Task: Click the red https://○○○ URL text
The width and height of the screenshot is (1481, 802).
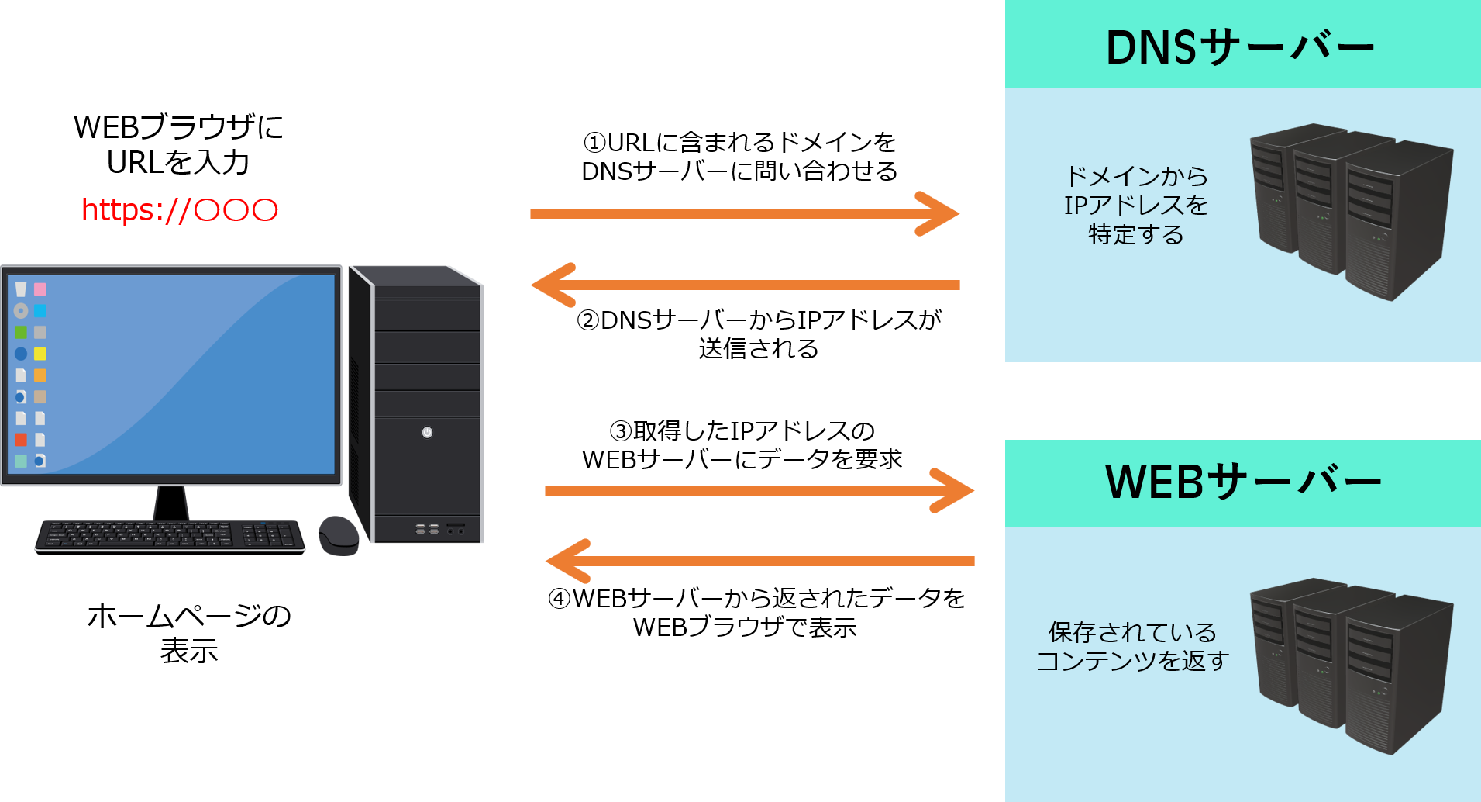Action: pyautogui.click(x=179, y=209)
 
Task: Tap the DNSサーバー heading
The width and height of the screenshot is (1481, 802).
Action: pyautogui.click(x=1240, y=48)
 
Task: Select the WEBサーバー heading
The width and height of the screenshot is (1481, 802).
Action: pyautogui.click(x=1243, y=482)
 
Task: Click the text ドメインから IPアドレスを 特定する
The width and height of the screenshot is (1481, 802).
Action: pyautogui.click(x=1136, y=206)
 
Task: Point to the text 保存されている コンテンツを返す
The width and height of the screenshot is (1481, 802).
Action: pyautogui.click(x=1133, y=646)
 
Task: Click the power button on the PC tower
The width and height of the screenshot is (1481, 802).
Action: pyautogui.click(x=427, y=432)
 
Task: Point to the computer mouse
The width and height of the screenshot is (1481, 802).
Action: pyautogui.click(x=339, y=535)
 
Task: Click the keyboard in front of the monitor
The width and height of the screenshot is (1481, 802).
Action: pyautogui.click(x=170, y=534)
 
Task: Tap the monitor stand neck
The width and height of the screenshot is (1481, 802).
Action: pyautogui.click(x=171, y=503)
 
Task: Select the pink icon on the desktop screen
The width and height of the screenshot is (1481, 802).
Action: pyautogui.click(x=40, y=289)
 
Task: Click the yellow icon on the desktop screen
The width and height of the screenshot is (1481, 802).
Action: pyautogui.click(x=40, y=354)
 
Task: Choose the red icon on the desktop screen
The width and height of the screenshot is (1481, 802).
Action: pyautogui.click(x=21, y=440)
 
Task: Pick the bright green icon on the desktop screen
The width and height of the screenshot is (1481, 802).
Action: pyautogui.click(x=21, y=333)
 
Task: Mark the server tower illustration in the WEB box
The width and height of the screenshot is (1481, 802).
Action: pyautogui.click(x=1352, y=665)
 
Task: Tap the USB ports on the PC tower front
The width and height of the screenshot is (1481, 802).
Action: pyautogui.click(x=427, y=529)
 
